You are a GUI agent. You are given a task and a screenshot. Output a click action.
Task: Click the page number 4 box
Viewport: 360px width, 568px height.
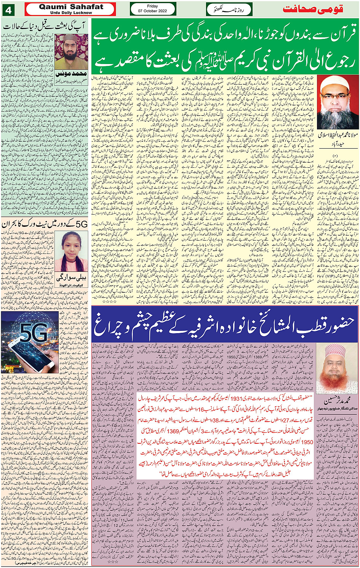tap(8, 10)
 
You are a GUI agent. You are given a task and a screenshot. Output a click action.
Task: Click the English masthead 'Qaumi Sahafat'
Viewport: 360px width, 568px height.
tap(71, 7)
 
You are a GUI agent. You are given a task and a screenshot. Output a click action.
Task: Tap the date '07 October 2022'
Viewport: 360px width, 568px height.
tap(153, 11)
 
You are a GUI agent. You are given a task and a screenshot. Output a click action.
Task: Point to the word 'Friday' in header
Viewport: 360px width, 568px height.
tap(152, 6)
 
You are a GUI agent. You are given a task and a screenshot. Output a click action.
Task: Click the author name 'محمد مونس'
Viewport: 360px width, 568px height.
tap(71, 74)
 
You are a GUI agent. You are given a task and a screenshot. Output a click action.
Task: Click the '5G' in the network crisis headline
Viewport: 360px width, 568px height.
tap(82, 224)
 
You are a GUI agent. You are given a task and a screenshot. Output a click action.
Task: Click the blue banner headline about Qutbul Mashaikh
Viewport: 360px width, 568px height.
tap(225, 324)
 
